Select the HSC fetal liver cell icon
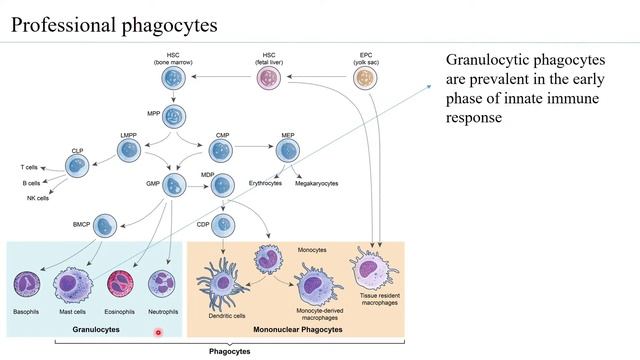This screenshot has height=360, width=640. click(269, 78)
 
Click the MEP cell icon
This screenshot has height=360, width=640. click(287, 150)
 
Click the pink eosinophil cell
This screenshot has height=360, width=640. click(124, 283)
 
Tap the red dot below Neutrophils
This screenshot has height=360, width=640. click(158, 333)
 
